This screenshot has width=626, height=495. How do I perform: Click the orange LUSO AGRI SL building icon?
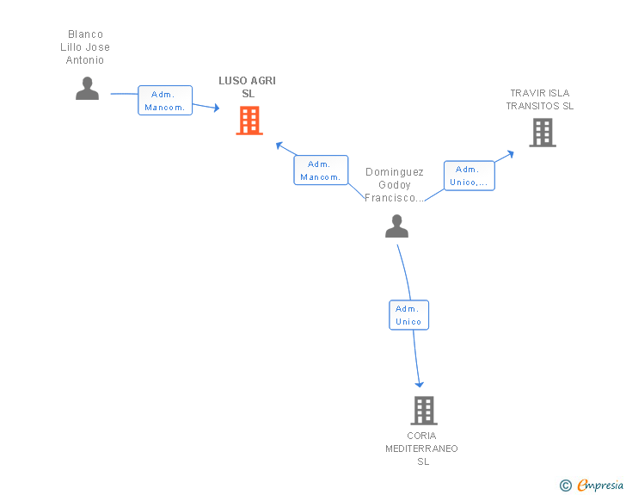[x=249, y=121]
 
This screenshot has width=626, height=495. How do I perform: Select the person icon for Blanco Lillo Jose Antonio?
[x=87, y=89]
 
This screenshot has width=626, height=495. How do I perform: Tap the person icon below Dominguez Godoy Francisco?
[x=396, y=226]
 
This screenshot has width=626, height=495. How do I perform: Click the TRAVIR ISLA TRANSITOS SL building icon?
[x=543, y=133]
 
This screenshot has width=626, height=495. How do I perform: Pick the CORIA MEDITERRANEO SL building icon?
[x=424, y=411]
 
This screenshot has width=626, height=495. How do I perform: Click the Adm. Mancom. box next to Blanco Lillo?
[x=165, y=101]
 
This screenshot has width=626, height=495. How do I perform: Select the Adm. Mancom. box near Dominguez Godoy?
[x=321, y=170]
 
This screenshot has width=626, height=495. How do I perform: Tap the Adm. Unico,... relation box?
[x=470, y=176]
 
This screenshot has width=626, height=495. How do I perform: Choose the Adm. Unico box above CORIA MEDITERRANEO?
[x=408, y=315]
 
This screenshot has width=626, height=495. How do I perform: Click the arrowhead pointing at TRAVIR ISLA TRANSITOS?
[x=511, y=154]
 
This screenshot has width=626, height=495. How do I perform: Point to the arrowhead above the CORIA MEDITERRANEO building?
[x=420, y=385]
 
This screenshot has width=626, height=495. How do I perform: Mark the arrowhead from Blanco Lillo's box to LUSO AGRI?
[x=217, y=108]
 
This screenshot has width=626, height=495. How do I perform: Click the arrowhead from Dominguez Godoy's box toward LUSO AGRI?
[x=279, y=145]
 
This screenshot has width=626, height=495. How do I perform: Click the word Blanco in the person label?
[x=85, y=34]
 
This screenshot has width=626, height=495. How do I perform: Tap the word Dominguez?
[x=395, y=172]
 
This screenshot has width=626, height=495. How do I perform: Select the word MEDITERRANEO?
[x=421, y=449]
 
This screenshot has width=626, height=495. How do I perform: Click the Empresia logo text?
[x=600, y=485]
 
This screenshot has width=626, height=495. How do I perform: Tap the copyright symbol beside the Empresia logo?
[x=566, y=486]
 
